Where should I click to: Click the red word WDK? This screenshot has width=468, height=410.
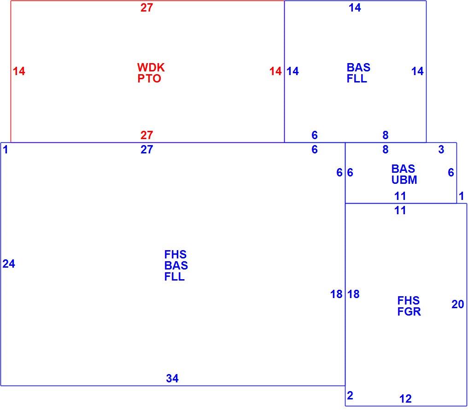tap(151, 67)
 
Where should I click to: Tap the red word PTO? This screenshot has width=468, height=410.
tap(149, 78)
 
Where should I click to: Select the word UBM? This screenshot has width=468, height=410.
tap(404, 180)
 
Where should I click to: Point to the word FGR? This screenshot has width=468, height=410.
tap(409, 311)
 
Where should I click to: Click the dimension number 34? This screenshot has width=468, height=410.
tap(172, 378)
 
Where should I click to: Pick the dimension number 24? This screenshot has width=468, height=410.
tap(9, 264)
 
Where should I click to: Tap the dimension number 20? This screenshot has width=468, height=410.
tap(457, 305)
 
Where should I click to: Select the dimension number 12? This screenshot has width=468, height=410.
tap(405, 398)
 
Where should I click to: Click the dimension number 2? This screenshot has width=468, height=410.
tap(350, 396)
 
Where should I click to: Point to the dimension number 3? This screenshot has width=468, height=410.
tap(441, 150)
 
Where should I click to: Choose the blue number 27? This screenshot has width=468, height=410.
tap(146, 150)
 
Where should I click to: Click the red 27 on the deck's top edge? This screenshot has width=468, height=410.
tap(146, 8)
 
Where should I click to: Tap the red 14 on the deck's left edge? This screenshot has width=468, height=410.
tap(19, 71)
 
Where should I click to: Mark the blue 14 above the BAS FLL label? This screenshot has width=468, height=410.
tap(355, 8)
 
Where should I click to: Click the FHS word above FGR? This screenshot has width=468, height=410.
tap(408, 300)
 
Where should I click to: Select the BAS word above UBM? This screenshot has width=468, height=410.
tap(403, 169)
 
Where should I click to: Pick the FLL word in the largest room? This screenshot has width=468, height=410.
tap(174, 276)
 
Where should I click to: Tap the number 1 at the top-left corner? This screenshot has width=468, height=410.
tap(6, 150)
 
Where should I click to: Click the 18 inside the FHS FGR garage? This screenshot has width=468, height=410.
tap(353, 294)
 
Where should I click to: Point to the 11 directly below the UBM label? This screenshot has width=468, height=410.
tap(400, 196)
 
